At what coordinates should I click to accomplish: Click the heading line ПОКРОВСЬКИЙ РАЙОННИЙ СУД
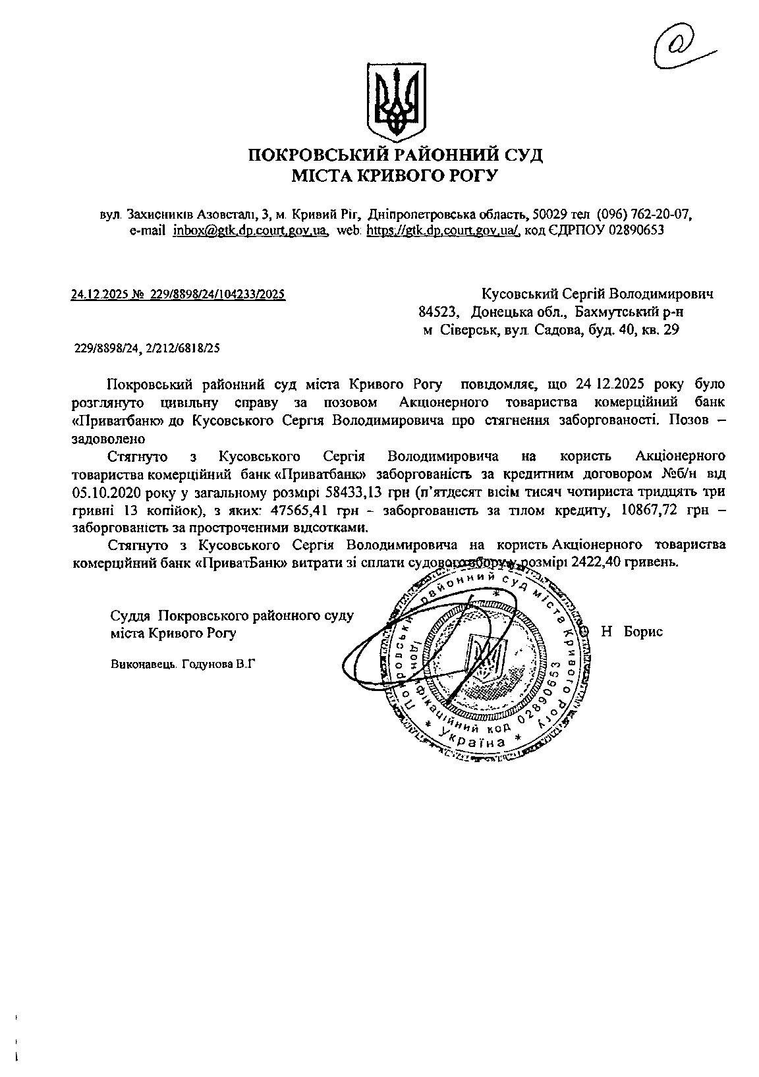tap(395, 156)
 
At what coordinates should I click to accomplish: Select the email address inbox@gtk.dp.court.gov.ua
tap(250, 231)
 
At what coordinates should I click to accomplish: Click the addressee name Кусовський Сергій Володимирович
tap(598, 293)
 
